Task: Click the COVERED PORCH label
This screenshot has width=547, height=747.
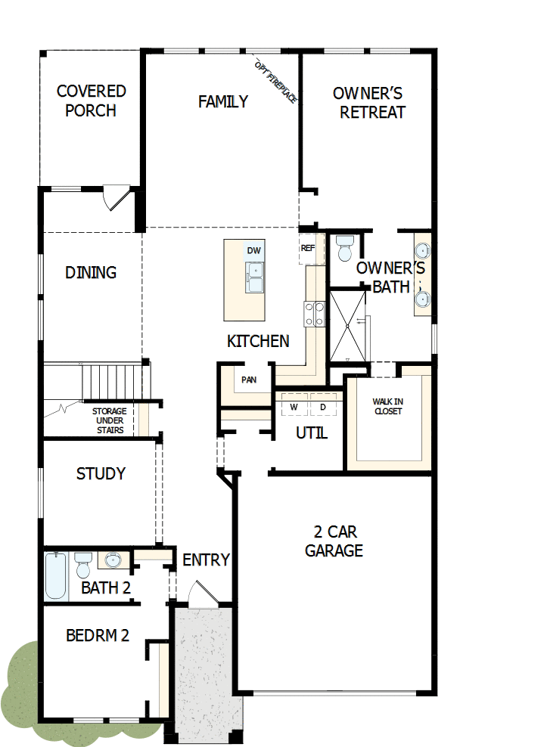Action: (x=91, y=101)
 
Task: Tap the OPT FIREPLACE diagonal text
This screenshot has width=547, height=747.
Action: (x=276, y=81)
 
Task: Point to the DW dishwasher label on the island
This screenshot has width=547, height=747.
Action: (x=253, y=251)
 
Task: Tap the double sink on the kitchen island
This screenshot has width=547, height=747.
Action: (x=253, y=277)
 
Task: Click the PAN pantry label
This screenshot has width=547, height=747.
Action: (x=248, y=380)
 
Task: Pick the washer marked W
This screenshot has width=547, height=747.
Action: (x=293, y=407)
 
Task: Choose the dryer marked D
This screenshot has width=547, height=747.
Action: (x=322, y=407)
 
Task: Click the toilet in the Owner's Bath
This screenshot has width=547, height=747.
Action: (x=346, y=247)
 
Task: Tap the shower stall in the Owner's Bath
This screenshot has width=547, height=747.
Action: (x=347, y=325)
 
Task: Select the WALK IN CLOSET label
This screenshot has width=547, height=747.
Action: (x=387, y=407)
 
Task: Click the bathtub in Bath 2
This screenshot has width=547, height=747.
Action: (x=56, y=576)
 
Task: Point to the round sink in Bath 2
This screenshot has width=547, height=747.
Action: (x=113, y=560)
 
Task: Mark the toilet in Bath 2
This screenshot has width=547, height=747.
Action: (x=83, y=563)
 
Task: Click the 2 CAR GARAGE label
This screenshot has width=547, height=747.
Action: (x=334, y=541)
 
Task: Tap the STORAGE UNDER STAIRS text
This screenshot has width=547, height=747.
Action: (x=109, y=420)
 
